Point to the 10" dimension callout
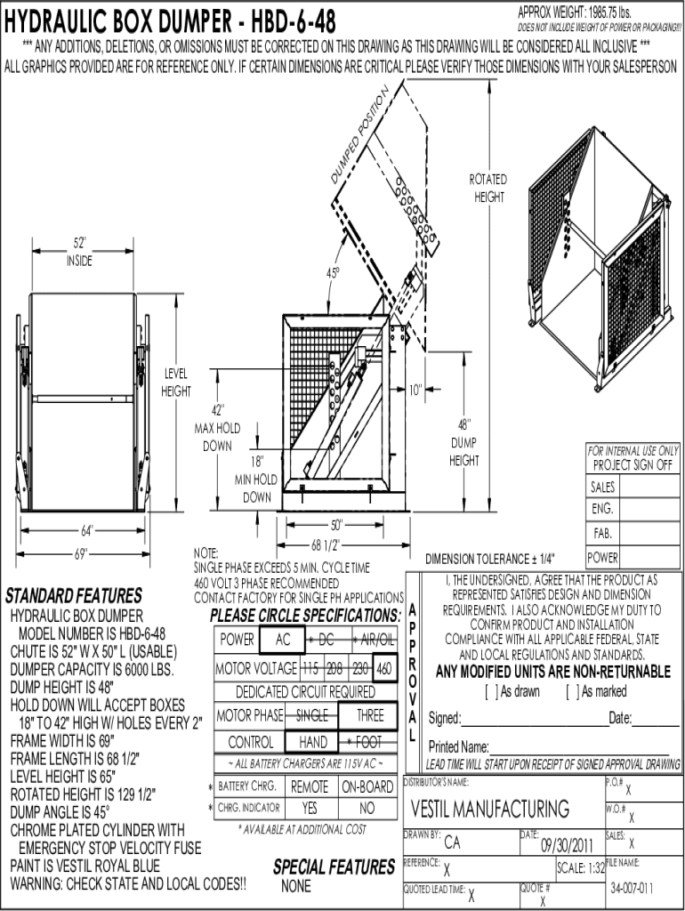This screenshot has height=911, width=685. pos(415,389)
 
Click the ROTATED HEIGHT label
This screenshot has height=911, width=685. pos(488,188)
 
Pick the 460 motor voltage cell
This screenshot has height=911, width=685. pos(384,667)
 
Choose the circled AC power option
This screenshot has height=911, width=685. pos(283,639)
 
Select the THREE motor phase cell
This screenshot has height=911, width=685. pos(370,715)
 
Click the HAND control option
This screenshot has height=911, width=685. pos(313,741)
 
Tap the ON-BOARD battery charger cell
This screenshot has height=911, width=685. pos(367,786)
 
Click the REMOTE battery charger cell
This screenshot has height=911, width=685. pos(310,786)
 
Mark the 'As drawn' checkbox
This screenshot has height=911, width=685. pos(490,691)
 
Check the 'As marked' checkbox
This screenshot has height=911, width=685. pos(571,691)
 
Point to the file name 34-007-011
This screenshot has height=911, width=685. pos(632,888)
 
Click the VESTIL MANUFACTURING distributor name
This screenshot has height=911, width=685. pos(490,809)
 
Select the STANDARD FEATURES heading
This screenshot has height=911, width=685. pos(74,594)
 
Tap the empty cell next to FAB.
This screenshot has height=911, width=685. pos(649,534)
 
